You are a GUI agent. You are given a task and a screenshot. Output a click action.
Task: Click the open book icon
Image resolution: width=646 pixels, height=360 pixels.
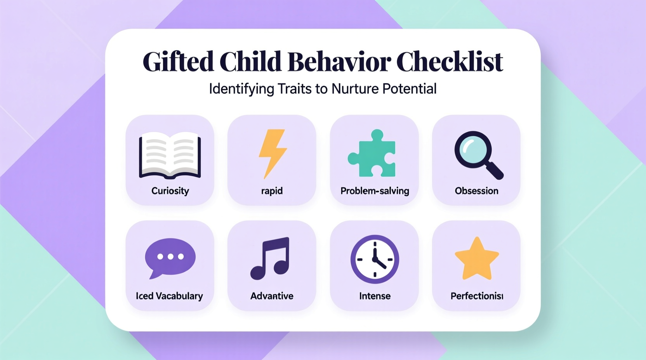(170, 155)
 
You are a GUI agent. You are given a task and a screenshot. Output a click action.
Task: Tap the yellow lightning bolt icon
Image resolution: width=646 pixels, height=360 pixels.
(273, 153)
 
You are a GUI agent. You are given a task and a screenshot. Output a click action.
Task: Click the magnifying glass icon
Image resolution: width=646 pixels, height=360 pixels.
(477, 154)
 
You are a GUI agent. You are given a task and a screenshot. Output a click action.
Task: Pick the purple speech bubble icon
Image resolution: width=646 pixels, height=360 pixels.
(170, 257)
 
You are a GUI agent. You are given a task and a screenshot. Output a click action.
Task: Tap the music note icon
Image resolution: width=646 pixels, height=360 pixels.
(271, 258)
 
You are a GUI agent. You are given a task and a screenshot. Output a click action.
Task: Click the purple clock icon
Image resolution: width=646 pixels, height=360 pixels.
(375, 259)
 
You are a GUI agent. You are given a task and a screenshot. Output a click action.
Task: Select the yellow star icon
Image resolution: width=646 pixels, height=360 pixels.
(477, 259)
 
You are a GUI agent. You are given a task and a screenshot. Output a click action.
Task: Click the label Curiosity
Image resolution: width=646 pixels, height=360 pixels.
(170, 191)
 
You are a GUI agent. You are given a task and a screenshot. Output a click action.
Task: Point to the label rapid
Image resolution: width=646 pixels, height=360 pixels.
(272, 191)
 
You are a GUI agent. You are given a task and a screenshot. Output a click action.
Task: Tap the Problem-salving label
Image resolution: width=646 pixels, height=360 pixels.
(375, 191)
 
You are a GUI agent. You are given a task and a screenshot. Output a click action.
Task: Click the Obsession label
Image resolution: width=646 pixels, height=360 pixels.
(476, 191)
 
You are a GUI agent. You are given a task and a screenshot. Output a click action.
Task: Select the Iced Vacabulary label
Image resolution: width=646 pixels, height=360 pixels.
(169, 296)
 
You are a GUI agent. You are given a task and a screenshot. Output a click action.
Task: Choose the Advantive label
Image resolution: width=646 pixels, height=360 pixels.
(272, 296)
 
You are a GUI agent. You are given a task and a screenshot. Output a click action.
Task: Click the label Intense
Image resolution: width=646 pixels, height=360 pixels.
(375, 296)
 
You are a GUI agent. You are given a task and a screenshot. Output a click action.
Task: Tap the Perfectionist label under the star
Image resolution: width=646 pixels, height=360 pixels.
(477, 296)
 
